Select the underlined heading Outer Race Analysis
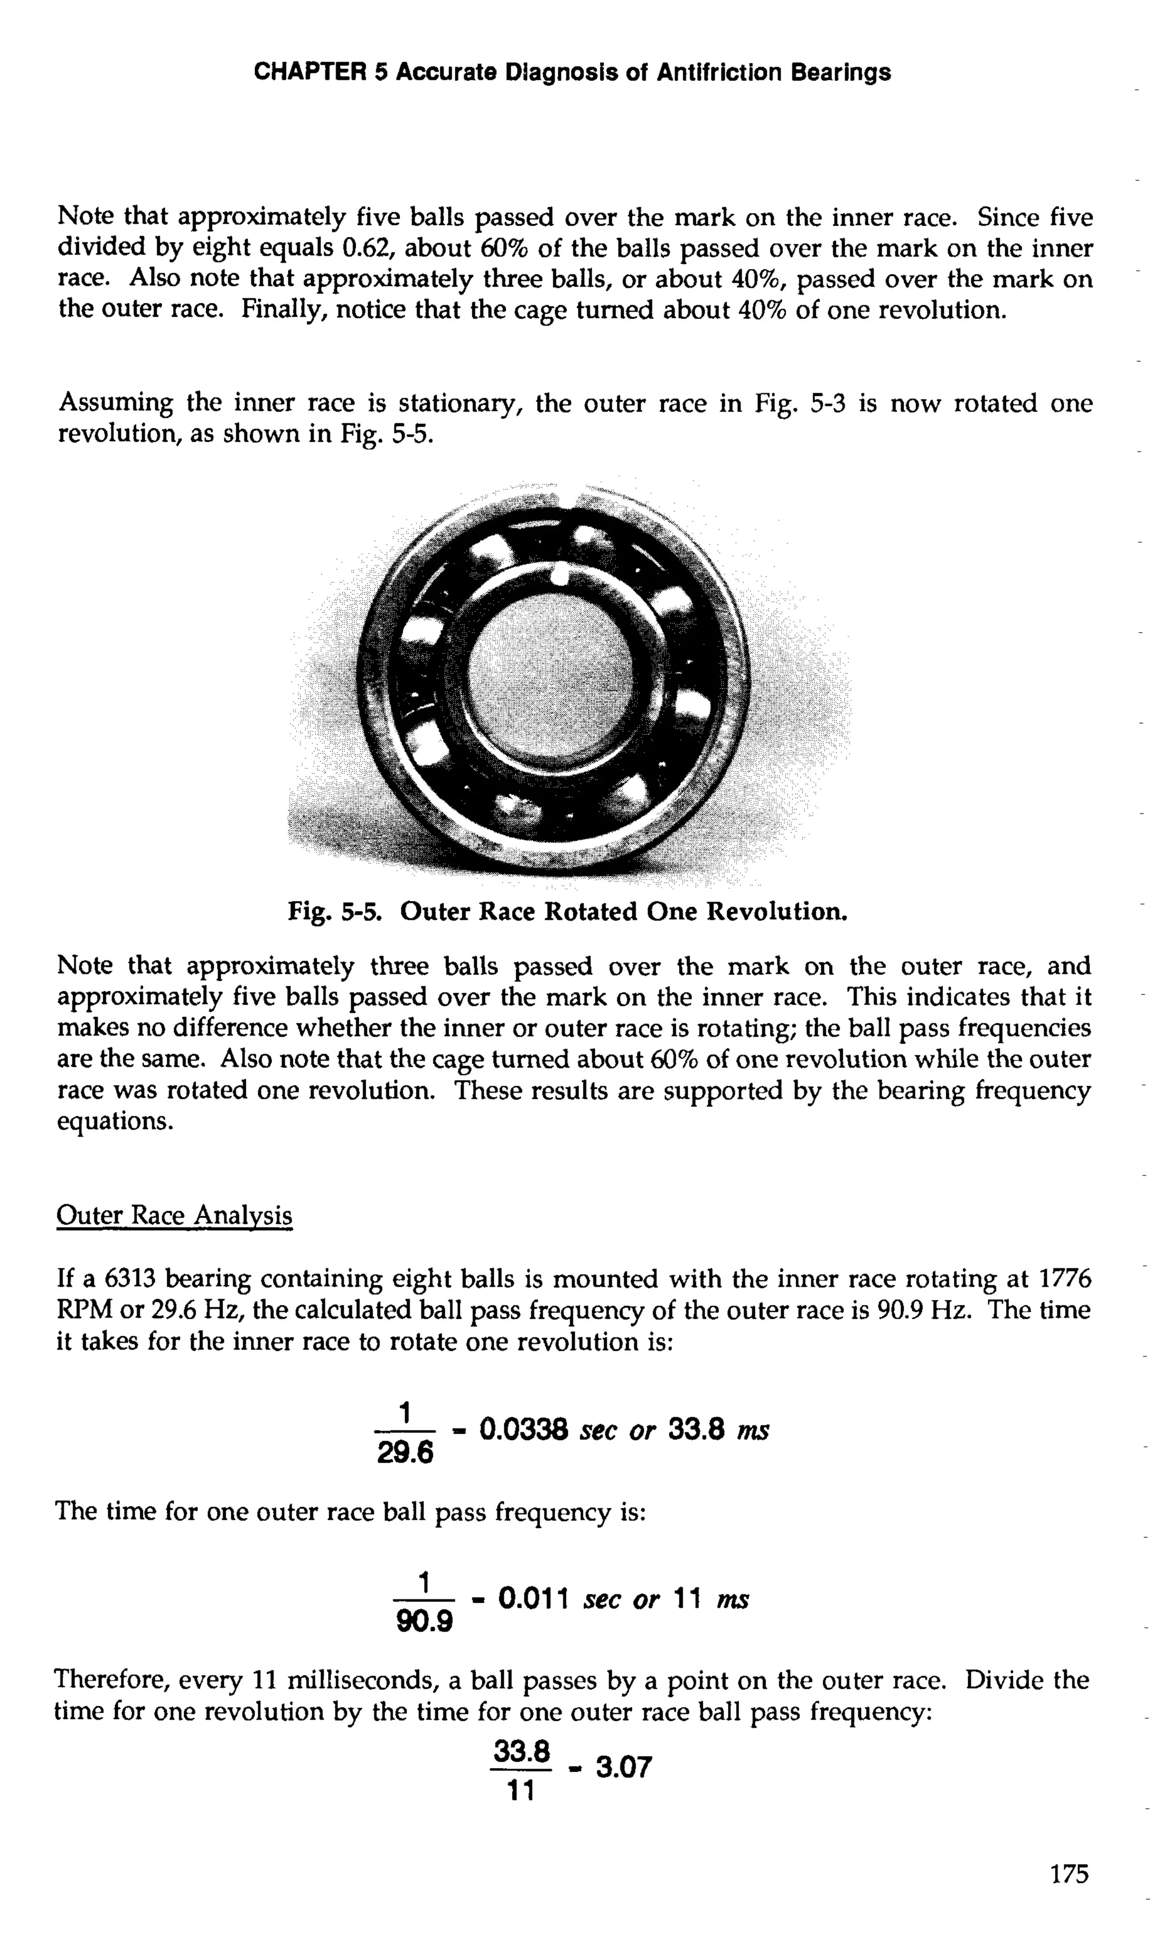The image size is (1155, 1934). coord(174,1216)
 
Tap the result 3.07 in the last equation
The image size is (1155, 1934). coord(623,1768)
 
